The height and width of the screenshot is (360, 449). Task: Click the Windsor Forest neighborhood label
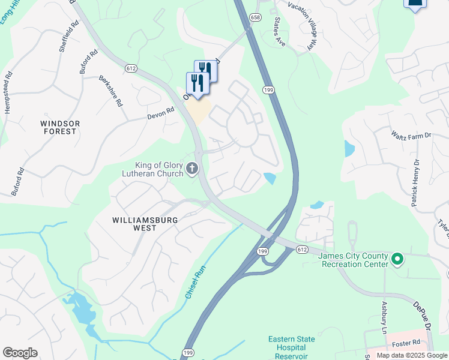pos(59,127)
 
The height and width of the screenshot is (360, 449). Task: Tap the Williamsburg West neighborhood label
pos(145,224)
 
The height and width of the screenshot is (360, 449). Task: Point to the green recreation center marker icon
pos(397,259)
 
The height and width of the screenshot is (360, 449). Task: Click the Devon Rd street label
pos(161,112)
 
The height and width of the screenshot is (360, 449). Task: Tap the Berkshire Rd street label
pos(110,91)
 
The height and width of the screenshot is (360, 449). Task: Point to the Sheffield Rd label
pos(66,38)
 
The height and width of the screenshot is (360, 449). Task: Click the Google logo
pos(20,353)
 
